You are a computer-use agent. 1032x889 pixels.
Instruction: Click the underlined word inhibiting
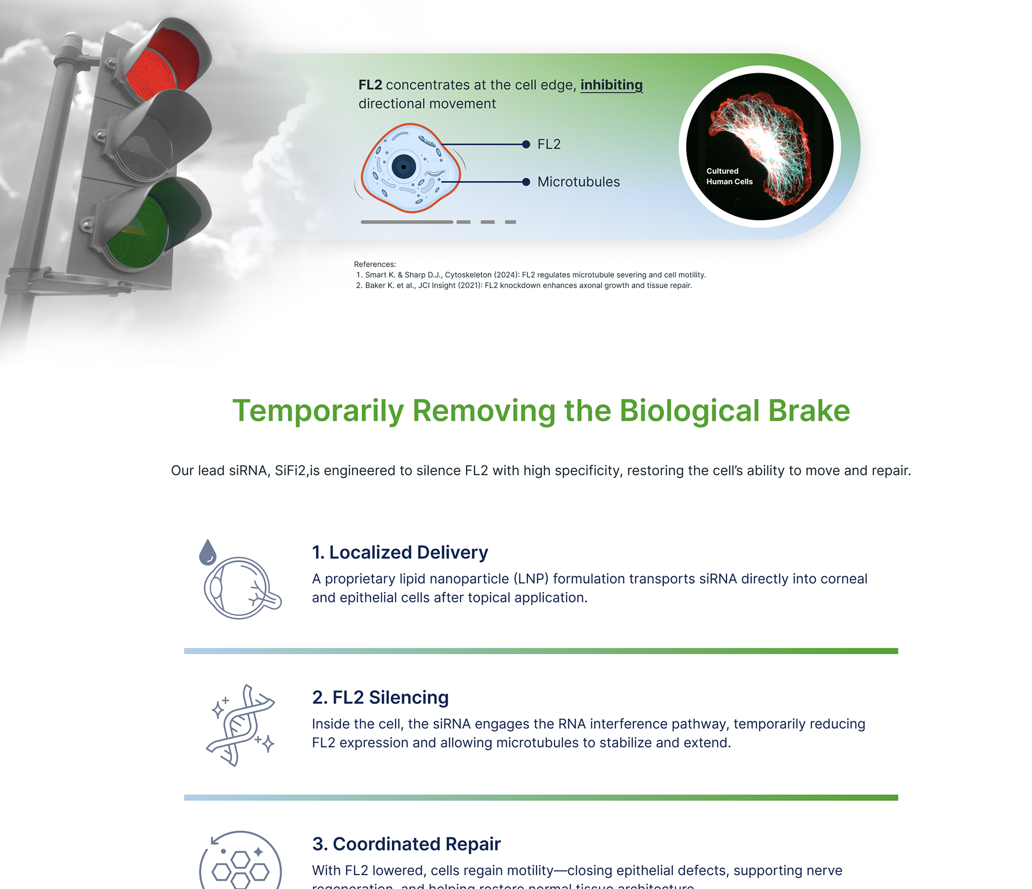(611, 85)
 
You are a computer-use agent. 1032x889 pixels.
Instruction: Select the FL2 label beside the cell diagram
(549, 144)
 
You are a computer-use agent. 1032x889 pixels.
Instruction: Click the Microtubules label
(578, 182)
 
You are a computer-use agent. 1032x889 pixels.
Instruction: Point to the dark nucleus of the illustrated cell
(404, 167)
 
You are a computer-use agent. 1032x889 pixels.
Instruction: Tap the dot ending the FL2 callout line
(526, 144)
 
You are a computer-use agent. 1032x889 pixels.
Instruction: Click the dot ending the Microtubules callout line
(526, 182)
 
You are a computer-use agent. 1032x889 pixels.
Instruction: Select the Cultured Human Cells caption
(729, 176)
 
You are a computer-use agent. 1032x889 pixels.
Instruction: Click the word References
(375, 264)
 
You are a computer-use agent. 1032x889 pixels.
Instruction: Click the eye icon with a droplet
(240, 582)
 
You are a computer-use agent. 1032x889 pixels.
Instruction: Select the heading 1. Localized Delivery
(400, 552)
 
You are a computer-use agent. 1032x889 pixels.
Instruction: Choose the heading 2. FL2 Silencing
(380, 697)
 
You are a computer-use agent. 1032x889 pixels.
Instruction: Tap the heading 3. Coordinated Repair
(406, 844)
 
